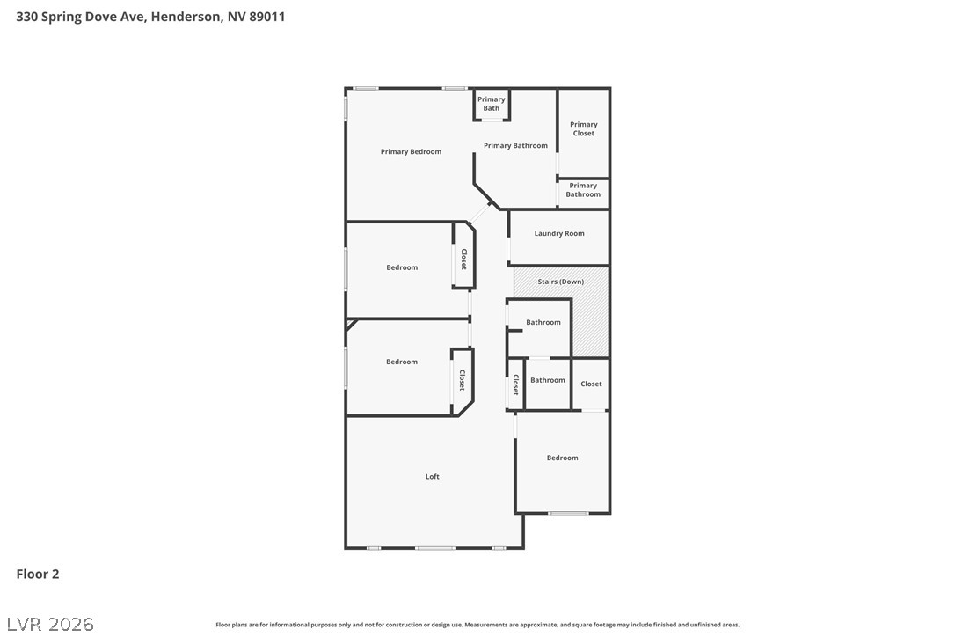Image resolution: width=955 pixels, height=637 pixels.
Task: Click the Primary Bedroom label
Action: [411, 151]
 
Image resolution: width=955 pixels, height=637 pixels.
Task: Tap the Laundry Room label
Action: [559, 233]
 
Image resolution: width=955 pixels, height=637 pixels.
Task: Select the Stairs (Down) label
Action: [560, 282]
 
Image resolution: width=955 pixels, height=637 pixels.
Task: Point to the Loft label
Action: [433, 476]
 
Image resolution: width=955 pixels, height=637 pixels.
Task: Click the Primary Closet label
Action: [583, 128]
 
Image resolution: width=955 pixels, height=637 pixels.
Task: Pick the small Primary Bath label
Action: [492, 104]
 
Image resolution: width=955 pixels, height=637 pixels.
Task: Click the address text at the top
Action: [150, 17]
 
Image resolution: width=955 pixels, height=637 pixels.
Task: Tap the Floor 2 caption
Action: [38, 574]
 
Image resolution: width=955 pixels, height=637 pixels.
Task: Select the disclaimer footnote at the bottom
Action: [477, 625]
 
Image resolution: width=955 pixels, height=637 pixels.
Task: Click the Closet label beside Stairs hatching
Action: [591, 384]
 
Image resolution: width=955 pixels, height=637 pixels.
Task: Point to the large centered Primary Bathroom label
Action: [515, 145]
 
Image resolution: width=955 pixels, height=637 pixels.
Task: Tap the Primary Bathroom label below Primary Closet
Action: [583, 190]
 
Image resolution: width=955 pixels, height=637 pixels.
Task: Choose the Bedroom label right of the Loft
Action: [562, 458]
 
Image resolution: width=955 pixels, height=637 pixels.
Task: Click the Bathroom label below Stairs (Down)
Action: [543, 322]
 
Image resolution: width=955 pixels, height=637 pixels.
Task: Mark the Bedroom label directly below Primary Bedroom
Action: [402, 267]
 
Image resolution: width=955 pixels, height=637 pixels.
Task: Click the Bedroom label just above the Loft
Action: [402, 362]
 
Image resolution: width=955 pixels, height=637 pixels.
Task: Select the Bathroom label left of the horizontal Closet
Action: [547, 380]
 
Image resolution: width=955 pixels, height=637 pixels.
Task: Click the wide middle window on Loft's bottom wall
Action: [434, 548]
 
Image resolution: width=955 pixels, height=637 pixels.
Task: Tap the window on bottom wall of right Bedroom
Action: [568, 513]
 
